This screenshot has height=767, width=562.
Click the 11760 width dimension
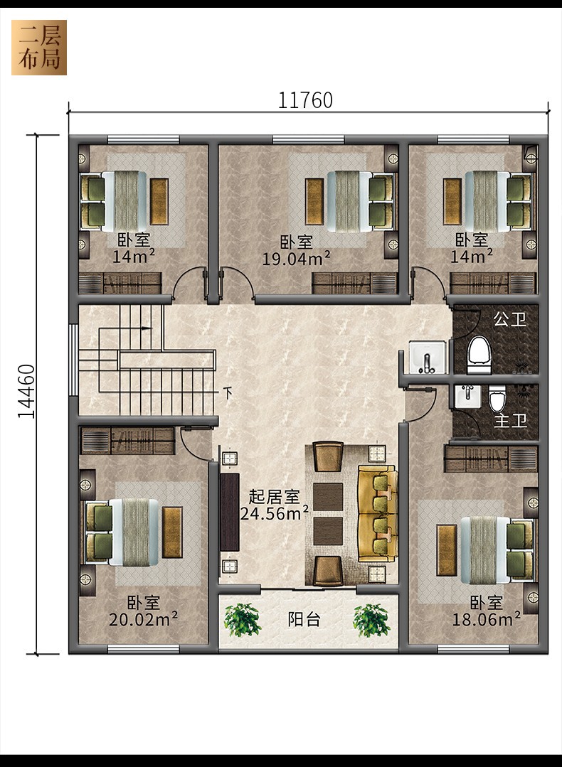pos(305,100)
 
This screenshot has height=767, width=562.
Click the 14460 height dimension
pos(26,392)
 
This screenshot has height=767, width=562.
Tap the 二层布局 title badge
pos(39,48)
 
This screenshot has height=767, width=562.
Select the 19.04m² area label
pos(296,258)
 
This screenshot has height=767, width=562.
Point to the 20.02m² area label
pos(143,620)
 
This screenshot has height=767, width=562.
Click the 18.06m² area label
pos(486,620)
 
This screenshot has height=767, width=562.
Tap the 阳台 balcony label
pos(304,619)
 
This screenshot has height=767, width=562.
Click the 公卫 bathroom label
pos(509,319)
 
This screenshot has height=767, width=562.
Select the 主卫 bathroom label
pos(510,420)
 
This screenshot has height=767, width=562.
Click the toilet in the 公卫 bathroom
pos(479,354)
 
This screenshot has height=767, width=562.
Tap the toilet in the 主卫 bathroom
pos(497,398)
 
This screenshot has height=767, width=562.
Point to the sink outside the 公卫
pos(428,357)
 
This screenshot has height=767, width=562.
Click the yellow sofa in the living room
pos(378,514)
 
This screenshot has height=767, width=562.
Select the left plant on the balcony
pos(243,620)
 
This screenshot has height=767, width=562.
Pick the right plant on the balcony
pos(372,620)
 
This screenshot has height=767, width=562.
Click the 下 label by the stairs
pos(228,393)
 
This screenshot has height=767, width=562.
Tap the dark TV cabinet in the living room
pos(230,512)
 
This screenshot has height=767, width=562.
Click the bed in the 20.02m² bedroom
pos(133,532)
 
